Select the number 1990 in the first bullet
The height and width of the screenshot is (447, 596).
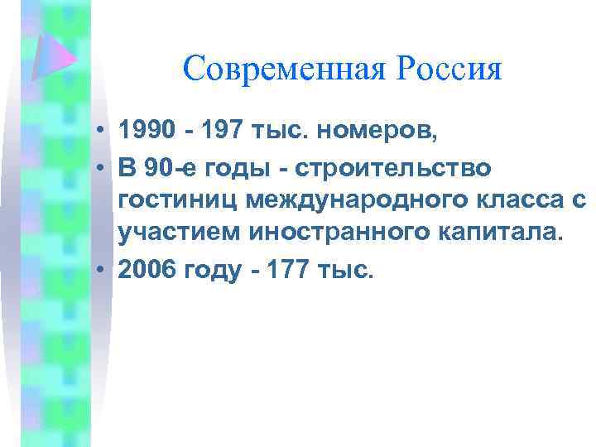pyautogui.click(x=147, y=131)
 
